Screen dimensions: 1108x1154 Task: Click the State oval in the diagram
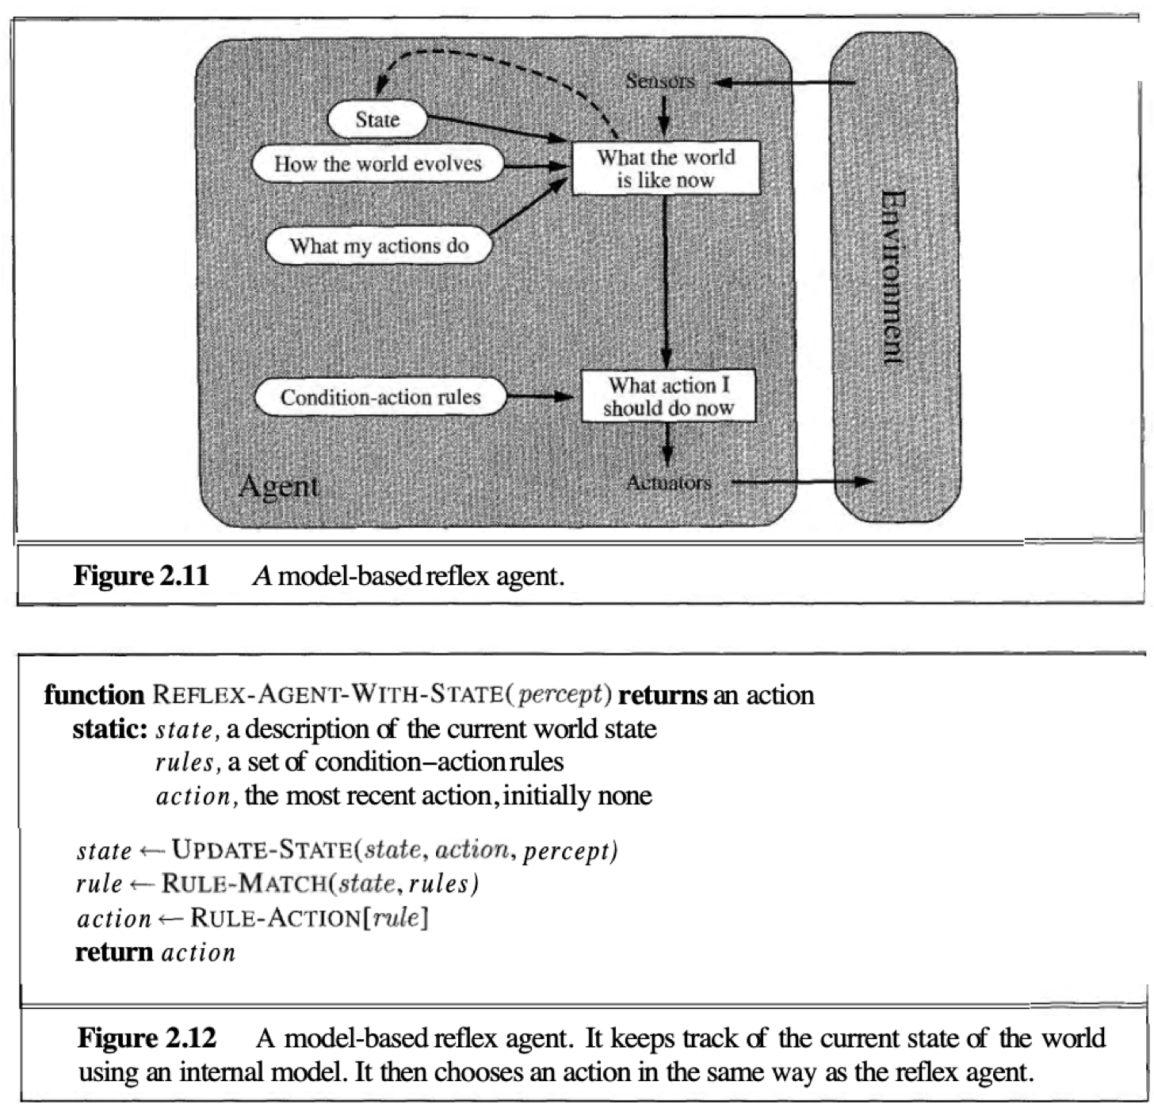click(x=377, y=120)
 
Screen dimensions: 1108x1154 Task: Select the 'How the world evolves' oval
click(x=378, y=164)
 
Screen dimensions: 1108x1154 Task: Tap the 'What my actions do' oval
click(x=379, y=246)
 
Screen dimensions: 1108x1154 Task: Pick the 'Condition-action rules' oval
click(x=380, y=397)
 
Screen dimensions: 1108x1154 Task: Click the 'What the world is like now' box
click(x=666, y=168)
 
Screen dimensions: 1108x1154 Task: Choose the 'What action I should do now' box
click(x=668, y=396)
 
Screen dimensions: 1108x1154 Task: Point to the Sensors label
click(x=659, y=81)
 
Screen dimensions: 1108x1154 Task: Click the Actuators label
click(x=668, y=482)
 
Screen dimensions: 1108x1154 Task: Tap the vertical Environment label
click(x=893, y=277)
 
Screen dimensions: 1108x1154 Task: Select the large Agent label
click(x=278, y=486)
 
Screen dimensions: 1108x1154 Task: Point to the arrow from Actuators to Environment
click(x=801, y=481)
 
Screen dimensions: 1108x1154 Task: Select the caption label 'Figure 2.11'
click(x=141, y=575)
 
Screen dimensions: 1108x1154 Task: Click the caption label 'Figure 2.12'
click(x=147, y=1038)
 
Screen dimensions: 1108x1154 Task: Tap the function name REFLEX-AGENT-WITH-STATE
click(x=327, y=695)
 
